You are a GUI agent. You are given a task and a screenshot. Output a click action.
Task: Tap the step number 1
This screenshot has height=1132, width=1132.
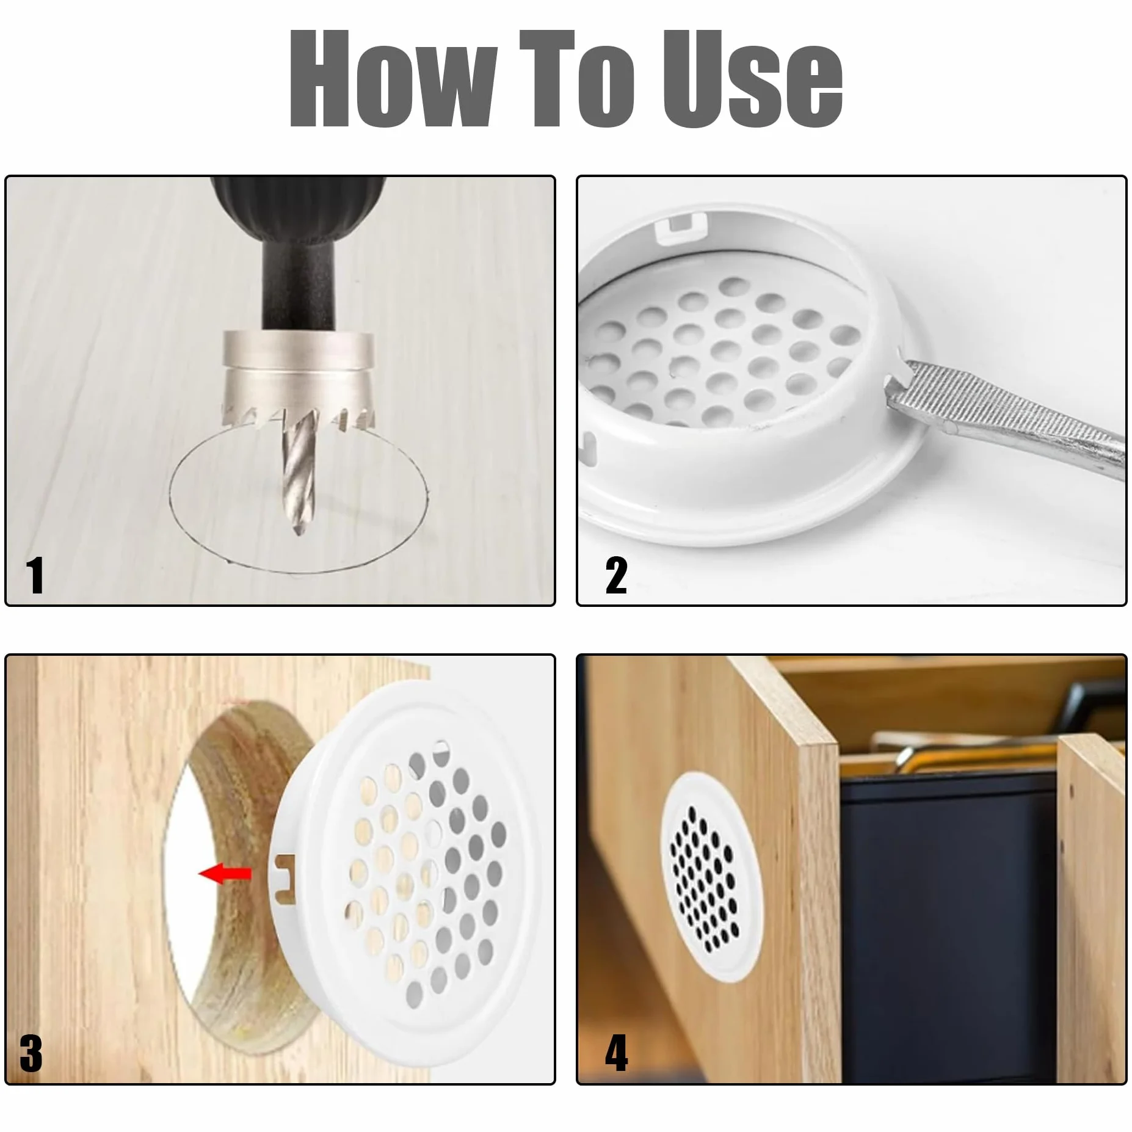35,575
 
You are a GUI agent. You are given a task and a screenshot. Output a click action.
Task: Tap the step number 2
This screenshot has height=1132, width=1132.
616,575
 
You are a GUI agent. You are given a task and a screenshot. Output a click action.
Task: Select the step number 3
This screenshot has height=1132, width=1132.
31,1053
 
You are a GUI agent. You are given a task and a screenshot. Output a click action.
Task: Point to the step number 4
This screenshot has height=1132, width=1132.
616,1053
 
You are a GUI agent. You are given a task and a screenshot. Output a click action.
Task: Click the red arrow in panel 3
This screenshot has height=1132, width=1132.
225,874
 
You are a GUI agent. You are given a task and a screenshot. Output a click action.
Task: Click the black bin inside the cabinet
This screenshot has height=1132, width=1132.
946,928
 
